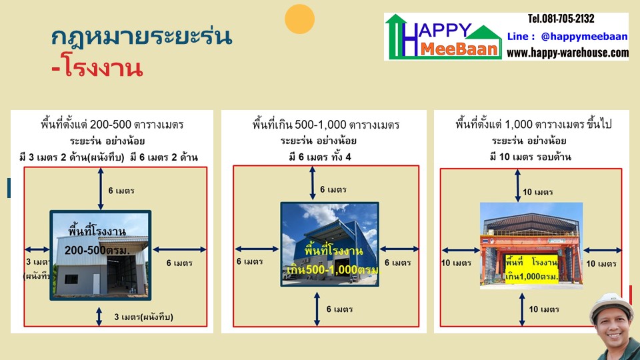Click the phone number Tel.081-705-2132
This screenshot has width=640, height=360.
pos(561,19)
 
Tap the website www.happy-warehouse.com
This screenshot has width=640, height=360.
pos(572,52)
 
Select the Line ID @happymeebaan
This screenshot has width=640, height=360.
pos(568,36)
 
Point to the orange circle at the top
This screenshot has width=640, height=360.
pos(299,19)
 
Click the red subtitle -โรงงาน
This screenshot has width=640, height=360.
pos(97,68)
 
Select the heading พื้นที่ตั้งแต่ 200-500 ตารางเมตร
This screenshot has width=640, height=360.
pos(112,124)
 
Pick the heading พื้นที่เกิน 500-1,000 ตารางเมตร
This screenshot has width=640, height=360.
pos(326,124)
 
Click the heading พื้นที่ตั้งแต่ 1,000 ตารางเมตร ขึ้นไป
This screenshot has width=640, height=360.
pos(533,124)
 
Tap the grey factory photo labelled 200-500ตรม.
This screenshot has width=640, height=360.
pos(101,254)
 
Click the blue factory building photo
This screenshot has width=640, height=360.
pos(329,244)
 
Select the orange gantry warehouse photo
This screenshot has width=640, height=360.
pos(531,245)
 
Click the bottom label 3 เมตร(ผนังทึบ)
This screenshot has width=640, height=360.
pos(143,317)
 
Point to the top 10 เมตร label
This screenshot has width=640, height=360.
pos(537,192)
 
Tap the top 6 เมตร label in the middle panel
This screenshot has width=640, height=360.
pos(333,189)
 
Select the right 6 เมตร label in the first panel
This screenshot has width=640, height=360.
pos(179,263)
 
